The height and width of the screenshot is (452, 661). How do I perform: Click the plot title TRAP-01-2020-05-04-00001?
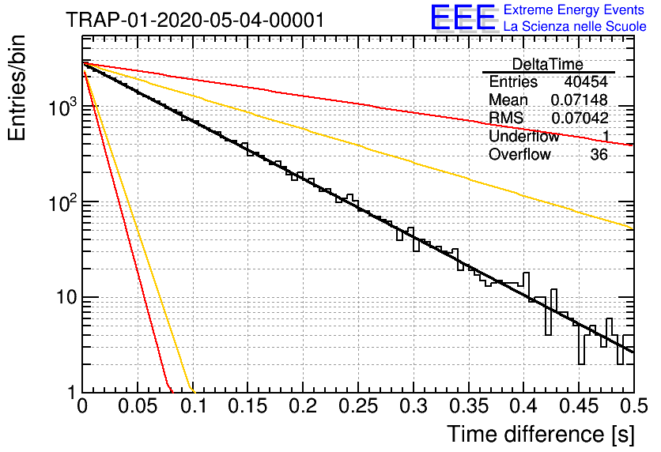[195, 21]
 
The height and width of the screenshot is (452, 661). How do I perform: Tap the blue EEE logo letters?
[463, 17]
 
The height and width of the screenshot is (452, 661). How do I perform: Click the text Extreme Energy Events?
[574, 9]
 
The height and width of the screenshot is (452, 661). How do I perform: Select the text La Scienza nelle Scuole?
[575, 26]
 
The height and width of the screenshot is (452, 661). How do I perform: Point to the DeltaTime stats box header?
[548, 64]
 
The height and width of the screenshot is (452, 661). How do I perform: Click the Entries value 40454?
[586, 81]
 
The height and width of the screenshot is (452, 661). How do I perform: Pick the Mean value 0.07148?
[580, 100]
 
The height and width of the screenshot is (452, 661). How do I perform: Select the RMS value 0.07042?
[580, 118]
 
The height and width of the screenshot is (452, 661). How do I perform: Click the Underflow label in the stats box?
[524, 136]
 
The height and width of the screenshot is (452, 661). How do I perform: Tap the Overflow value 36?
[599, 155]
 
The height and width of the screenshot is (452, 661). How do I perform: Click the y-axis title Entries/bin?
[17, 88]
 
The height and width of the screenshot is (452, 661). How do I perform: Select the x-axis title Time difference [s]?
[541, 434]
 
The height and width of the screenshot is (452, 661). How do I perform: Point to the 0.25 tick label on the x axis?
[358, 406]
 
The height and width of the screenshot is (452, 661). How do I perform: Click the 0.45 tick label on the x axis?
[579, 406]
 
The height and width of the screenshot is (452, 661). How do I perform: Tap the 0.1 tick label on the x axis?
[194, 406]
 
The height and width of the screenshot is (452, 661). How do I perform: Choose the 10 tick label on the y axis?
[67, 297]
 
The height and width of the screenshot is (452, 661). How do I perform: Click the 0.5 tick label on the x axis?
[634, 406]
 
